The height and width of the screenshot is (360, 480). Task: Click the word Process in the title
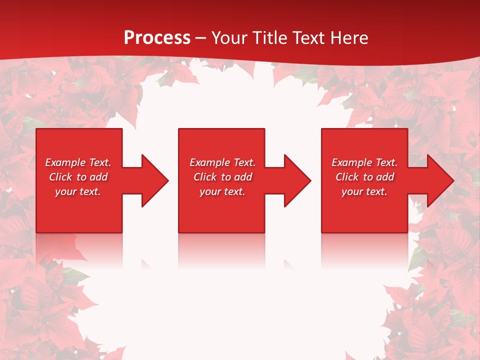(157, 37)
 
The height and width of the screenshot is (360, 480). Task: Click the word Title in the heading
(271, 37)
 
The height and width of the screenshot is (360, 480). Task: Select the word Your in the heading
(230, 37)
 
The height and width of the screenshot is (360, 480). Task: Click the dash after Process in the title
(201, 38)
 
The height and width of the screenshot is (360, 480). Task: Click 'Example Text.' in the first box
(78, 162)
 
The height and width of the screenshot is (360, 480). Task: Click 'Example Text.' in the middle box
(222, 162)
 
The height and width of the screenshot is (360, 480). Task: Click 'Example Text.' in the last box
(364, 162)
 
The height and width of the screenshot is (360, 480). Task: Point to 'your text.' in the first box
(78, 191)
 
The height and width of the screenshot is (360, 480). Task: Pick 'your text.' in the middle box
(222, 191)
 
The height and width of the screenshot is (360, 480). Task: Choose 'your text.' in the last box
(364, 191)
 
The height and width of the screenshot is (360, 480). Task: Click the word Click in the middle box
(204, 177)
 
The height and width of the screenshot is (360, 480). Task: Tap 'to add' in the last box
(380, 177)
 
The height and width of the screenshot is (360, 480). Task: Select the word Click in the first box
(60, 177)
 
